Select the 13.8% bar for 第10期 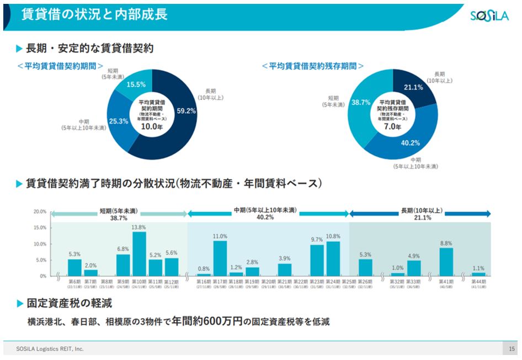pos(140,253)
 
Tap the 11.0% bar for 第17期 pos(220,258)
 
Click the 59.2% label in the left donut pos(187,110)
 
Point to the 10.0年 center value pos(151,126)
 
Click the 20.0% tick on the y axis pos(39,212)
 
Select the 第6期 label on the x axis pos(74,281)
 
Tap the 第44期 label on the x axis pos(478,281)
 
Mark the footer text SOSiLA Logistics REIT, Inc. pos(50,349)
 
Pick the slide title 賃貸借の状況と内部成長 pos(94,15)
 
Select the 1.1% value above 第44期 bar pos(478,268)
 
